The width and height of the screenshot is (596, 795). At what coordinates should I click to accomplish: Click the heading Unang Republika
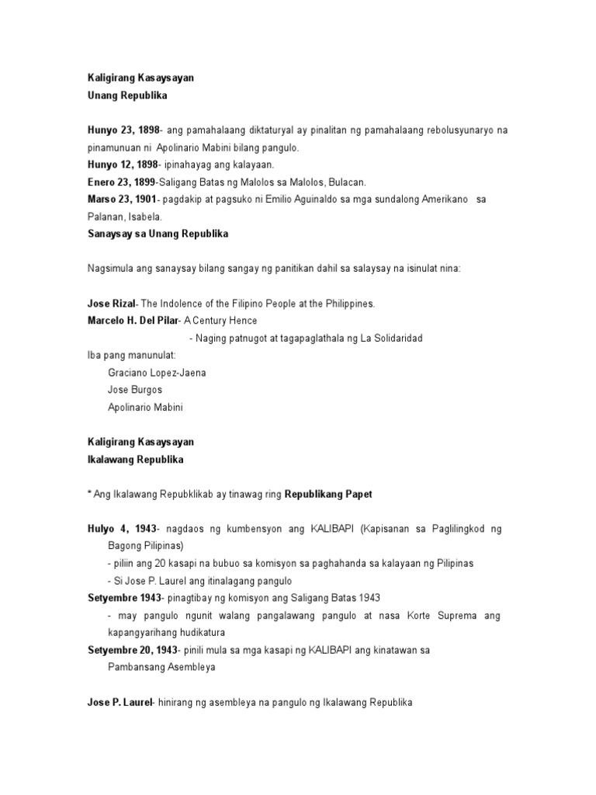[125, 94]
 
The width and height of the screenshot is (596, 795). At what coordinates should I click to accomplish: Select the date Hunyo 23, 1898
[121, 130]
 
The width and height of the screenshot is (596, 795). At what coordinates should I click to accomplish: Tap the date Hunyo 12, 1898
[121, 165]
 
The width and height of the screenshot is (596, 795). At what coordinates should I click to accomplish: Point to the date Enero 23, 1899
[120, 182]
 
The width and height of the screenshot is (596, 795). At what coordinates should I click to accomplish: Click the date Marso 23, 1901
[121, 200]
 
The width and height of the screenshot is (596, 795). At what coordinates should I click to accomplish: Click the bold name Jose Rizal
[111, 303]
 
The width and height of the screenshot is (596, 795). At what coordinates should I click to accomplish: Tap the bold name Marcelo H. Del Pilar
[132, 321]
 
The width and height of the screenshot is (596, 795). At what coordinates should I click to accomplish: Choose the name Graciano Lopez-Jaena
[157, 372]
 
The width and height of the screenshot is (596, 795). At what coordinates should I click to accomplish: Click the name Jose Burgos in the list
[135, 389]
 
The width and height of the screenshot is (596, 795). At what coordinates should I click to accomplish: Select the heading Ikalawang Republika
[135, 460]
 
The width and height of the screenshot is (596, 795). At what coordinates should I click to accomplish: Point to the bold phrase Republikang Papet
[334, 494]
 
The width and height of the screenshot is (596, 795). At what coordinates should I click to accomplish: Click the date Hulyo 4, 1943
[121, 529]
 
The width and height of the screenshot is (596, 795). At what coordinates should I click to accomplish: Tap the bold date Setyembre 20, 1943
[133, 649]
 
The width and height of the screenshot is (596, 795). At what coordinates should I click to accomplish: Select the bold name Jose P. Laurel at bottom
[120, 703]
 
